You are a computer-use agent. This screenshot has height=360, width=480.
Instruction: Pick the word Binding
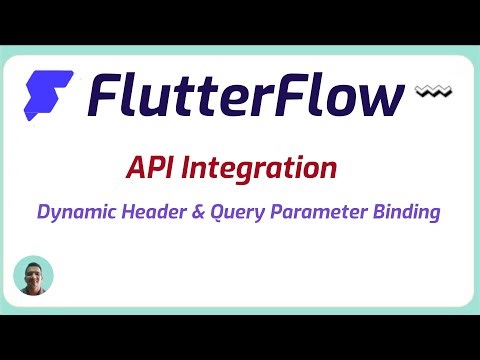click(407, 212)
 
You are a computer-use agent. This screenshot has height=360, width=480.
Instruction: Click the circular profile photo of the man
click(33, 276)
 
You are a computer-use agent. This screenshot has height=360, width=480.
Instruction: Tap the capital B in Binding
click(382, 212)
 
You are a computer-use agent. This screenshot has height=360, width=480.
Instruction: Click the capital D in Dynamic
click(42, 212)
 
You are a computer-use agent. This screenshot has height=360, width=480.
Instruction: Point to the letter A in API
click(136, 167)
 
